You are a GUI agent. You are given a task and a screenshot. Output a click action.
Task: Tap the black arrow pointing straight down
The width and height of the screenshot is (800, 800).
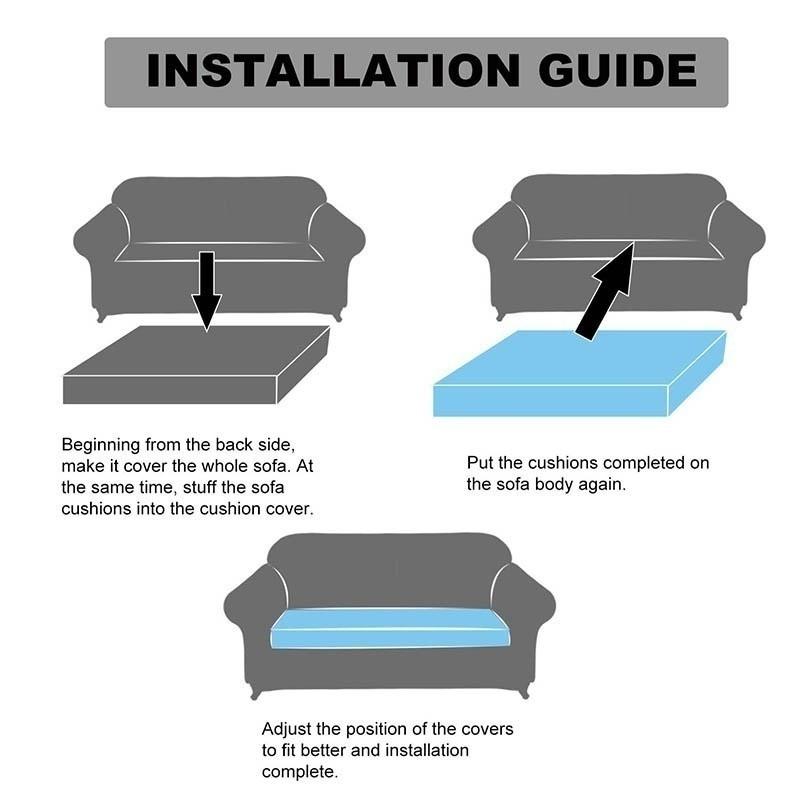pyautogui.click(x=206, y=290)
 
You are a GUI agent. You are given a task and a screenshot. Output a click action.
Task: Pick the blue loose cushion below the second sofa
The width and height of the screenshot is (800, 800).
pyautogui.click(x=578, y=375)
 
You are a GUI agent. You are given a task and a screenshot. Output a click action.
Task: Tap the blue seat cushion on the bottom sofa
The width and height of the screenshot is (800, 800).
pyautogui.click(x=390, y=630)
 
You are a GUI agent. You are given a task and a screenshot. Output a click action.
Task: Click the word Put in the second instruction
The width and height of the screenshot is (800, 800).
pyautogui.click(x=481, y=463)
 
